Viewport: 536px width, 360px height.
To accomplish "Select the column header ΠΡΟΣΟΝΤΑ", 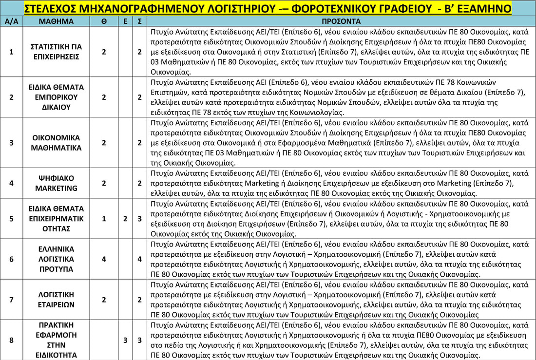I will tap(341, 21).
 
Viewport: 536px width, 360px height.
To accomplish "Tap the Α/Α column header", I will tap(11, 21).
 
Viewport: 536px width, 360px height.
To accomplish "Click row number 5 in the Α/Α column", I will tap(11, 219).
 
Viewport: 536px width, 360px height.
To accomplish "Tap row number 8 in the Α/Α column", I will tap(11, 340).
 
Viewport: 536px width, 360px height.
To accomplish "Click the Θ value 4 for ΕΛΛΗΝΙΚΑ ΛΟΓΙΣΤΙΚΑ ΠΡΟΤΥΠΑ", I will tap(104, 259).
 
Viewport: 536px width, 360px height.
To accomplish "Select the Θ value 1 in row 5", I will tap(104, 219).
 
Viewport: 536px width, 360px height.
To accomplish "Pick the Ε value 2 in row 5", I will tap(125, 219).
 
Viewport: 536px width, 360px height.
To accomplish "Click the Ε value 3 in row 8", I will tap(125, 340).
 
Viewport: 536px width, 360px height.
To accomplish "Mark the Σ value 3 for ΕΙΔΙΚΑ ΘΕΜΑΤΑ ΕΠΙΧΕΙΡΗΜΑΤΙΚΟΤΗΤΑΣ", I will tap(139, 219).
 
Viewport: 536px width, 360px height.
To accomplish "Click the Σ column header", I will tap(139, 21).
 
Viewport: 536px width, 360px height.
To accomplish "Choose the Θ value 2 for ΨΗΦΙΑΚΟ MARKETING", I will tap(104, 183).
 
